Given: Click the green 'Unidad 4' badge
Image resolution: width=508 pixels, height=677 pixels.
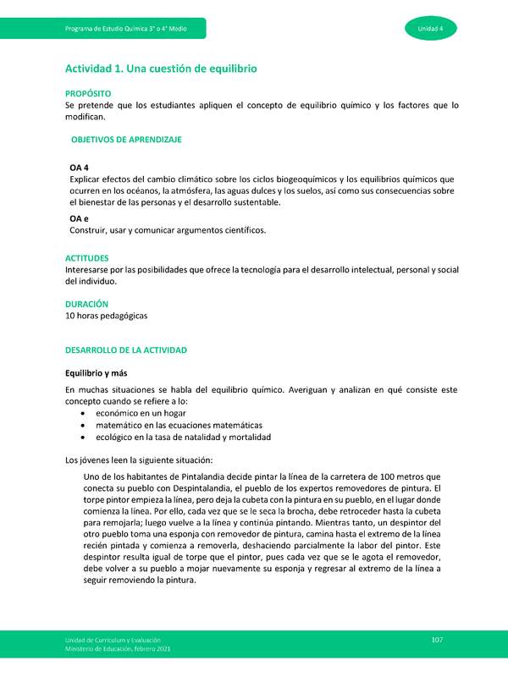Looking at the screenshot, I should (x=436, y=28).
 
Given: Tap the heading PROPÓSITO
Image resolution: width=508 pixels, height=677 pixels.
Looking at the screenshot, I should (x=88, y=92).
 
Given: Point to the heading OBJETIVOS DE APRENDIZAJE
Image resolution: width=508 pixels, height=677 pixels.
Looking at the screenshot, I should (x=126, y=138).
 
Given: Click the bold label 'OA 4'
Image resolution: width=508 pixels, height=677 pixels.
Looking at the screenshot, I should (x=80, y=168).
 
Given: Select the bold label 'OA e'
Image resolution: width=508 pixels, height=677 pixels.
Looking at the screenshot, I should (x=80, y=218).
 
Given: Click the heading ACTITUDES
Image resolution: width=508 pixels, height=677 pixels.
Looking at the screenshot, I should (x=87, y=257).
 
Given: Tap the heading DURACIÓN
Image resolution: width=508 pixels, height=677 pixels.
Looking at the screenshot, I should (x=86, y=303).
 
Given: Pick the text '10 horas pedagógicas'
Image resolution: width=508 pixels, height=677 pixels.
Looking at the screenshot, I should (x=107, y=316).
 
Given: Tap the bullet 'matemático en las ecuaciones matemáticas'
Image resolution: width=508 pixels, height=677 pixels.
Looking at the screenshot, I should (x=179, y=425).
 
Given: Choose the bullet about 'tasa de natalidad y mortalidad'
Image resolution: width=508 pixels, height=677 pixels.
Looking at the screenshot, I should (x=183, y=438).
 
